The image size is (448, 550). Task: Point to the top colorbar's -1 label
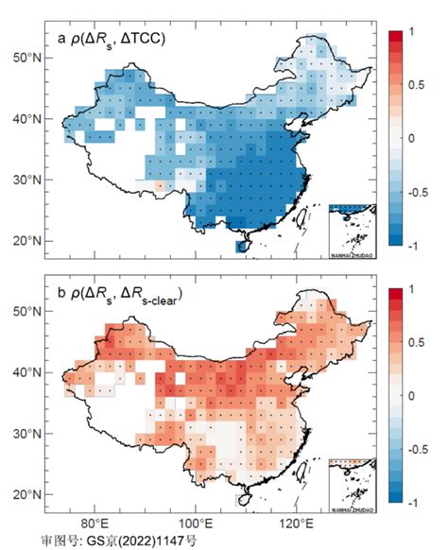tap(409, 245)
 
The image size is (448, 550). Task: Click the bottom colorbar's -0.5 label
tap(415, 448)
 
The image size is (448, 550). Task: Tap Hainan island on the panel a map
tap(243, 245)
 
